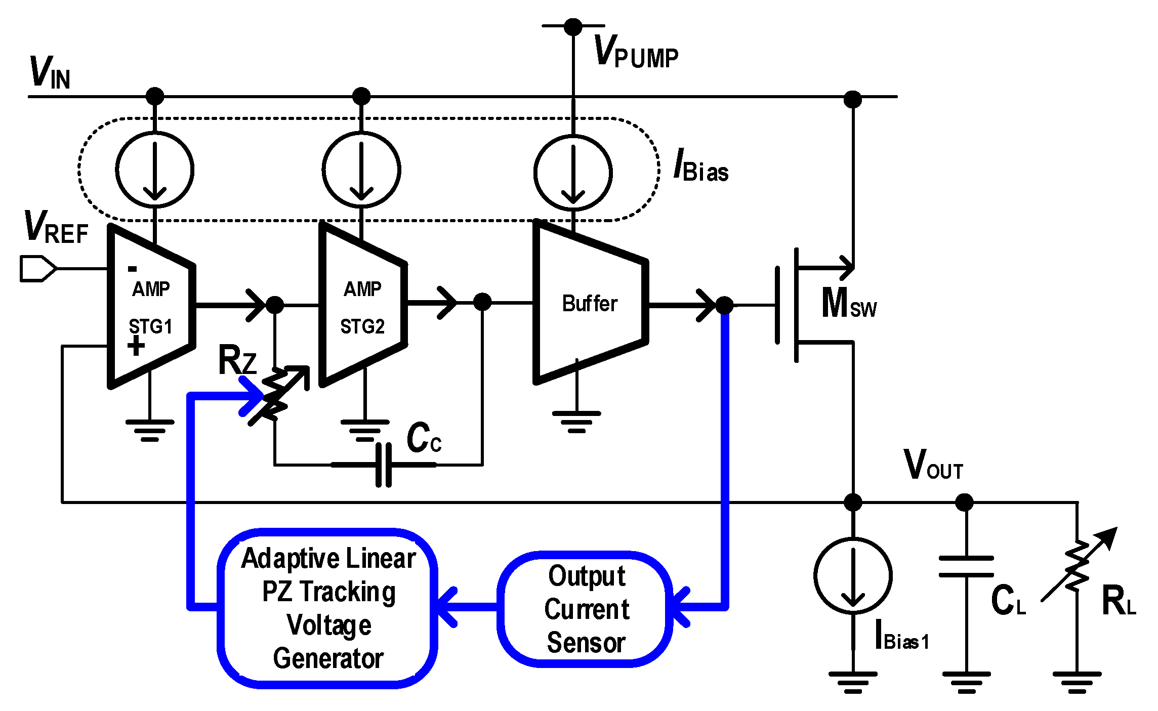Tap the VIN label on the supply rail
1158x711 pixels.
(50, 73)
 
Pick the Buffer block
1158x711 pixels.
(590, 304)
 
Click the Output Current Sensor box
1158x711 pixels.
(586, 609)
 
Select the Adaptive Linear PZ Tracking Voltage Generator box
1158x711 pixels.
(328, 609)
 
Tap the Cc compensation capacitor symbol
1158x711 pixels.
(384, 465)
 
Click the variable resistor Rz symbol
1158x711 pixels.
(276, 395)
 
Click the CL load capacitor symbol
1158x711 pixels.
(966, 567)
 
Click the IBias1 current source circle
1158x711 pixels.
(853, 576)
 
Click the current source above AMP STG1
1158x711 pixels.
(155, 170)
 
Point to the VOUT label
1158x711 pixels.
(933, 465)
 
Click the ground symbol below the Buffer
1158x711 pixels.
(576, 421)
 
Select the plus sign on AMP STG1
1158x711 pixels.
(136, 346)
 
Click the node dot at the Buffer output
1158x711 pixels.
(724, 305)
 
